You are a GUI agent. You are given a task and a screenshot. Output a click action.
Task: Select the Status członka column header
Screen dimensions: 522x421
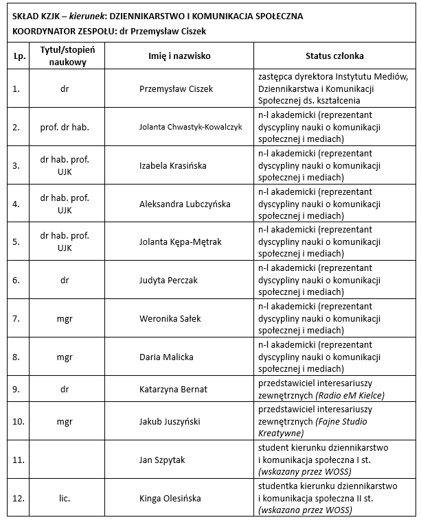point(334,56)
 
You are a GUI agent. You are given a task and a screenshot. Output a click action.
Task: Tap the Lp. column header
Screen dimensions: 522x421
point(19,56)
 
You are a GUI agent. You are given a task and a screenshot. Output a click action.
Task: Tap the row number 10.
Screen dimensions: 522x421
point(19,421)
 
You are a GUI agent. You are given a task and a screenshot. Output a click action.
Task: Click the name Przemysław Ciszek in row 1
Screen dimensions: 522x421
point(176,88)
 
